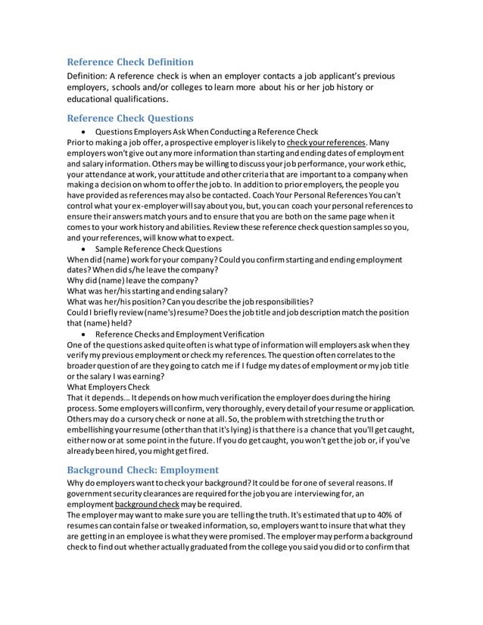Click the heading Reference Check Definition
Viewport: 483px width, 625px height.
pyautogui.click(x=130, y=62)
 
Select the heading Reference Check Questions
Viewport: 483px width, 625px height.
pyautogui.click(x=130, y=118)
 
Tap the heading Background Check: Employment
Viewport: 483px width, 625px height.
pyautogui.click(x=143, y=470)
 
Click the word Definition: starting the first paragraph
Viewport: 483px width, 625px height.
pyautogui.click(x=87, y=76)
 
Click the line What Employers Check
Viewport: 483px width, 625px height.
pyautogui.click(x=108, y=387)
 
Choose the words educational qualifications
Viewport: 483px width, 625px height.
pyautogui.click(x=117, y=98)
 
